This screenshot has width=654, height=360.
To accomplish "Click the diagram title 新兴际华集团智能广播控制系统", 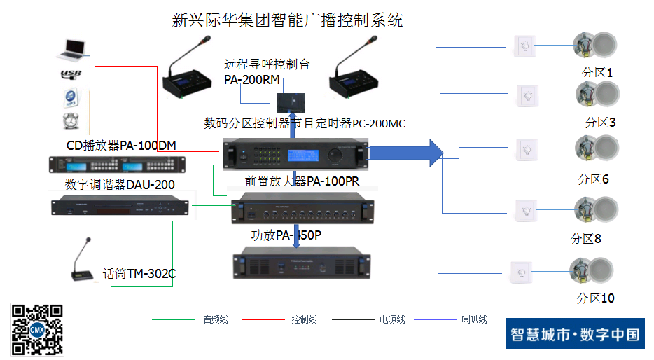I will (287, 20).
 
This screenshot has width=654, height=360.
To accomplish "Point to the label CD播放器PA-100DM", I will (121, 146).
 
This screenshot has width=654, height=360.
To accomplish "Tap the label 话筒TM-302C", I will (139, 274).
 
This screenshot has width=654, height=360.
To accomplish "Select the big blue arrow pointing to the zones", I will (406, 153).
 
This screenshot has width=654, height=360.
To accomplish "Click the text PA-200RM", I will (252, 80).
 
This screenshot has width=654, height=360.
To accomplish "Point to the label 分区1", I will (597, 72).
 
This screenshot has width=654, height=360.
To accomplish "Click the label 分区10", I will (595, 298).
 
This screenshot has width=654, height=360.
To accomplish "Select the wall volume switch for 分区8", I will (524, 210).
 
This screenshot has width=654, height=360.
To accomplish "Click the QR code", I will (37, 328).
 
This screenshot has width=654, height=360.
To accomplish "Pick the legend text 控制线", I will (304, 320).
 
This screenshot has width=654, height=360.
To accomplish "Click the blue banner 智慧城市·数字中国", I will (574, 334).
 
